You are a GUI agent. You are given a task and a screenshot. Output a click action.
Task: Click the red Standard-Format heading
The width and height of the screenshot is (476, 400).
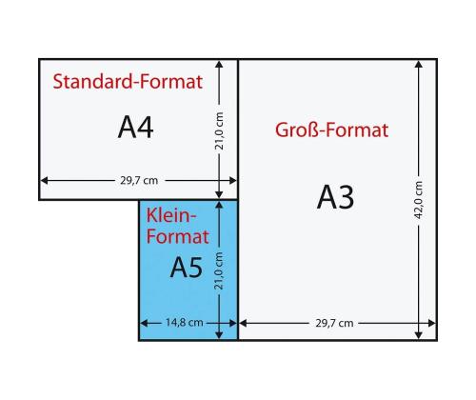coord(128,82)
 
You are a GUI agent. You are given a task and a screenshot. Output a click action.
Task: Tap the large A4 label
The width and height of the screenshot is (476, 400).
coord(135,128)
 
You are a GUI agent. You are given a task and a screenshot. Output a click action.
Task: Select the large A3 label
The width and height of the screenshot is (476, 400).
coord(335,197)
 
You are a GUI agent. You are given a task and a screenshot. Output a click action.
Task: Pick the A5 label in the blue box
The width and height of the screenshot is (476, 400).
coord(187,269)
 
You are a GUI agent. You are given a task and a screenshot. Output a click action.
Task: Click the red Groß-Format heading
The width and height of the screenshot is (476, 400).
coord(332,130)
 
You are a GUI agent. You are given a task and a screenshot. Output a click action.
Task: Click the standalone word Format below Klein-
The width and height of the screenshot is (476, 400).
coord(174,238)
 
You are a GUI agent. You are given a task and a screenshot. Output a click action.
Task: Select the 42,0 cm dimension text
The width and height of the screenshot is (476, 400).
coord(419,199)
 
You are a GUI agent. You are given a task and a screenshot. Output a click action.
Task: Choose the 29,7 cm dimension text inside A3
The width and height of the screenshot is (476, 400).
coord(334,323)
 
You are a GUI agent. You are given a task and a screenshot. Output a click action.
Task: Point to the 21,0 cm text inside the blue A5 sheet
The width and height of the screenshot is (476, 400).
coord(219,270)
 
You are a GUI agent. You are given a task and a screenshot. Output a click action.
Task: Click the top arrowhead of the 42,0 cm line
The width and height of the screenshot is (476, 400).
coord(419,65)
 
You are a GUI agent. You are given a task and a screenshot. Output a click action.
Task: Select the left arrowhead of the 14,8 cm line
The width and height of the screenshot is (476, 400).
coord(144,323)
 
